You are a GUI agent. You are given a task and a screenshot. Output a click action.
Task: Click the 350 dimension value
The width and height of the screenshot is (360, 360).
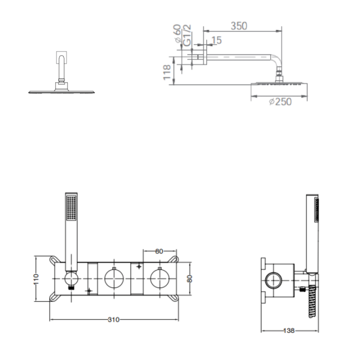(x=239, y=26)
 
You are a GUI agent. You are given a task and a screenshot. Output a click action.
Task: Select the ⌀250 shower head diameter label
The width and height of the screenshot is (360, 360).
(x=280, y=101)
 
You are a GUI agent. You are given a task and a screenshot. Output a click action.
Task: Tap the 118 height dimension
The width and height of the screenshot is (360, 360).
(x=167, y=72)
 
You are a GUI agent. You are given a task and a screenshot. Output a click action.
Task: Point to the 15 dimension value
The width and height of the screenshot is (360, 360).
(x=216, y=40)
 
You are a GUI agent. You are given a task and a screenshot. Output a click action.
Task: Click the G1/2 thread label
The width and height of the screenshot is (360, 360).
(x=187, y=35)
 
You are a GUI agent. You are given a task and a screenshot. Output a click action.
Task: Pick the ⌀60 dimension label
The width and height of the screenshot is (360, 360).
(x=177, y=33)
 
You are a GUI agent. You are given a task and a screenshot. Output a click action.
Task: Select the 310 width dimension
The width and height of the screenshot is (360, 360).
(x=113, y=319)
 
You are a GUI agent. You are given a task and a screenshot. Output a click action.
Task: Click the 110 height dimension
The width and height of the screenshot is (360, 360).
(x=36, y=279)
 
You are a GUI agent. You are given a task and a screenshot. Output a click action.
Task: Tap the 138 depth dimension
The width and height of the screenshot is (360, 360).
(x=289, y=330)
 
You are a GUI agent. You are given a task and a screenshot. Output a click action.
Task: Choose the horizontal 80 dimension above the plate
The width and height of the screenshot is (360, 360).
(x=159, y=251)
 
